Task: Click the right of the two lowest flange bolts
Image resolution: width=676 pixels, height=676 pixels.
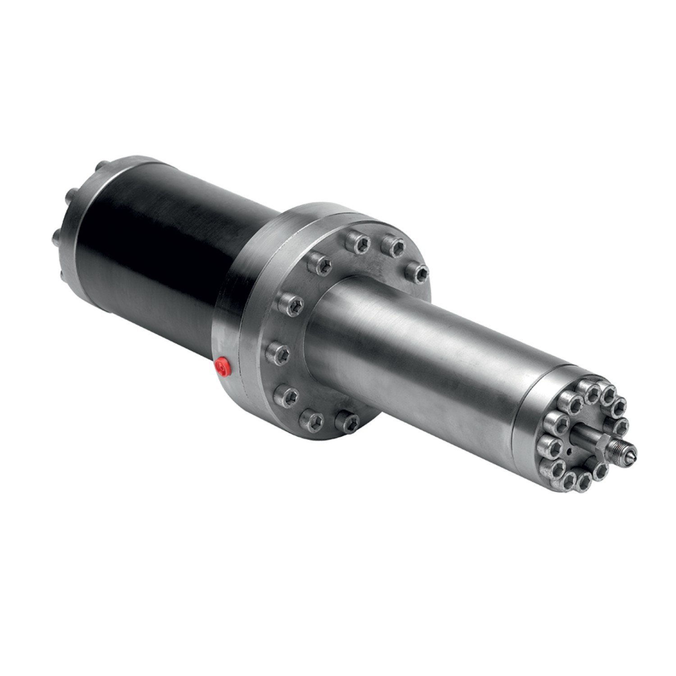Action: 347,420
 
